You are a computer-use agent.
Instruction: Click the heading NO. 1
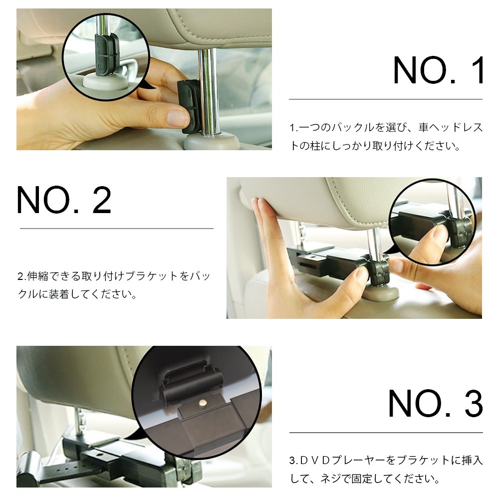click(439, 71)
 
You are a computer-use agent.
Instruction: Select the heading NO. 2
click(64, 201)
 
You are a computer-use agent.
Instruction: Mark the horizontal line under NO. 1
click(385, 99)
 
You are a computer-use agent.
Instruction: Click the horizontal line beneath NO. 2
click(116, 229)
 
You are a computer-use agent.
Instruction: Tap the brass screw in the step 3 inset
click(203, 402)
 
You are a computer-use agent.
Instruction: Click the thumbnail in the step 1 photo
click(177, 118)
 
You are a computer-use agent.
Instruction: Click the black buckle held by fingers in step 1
click(188, 105)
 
